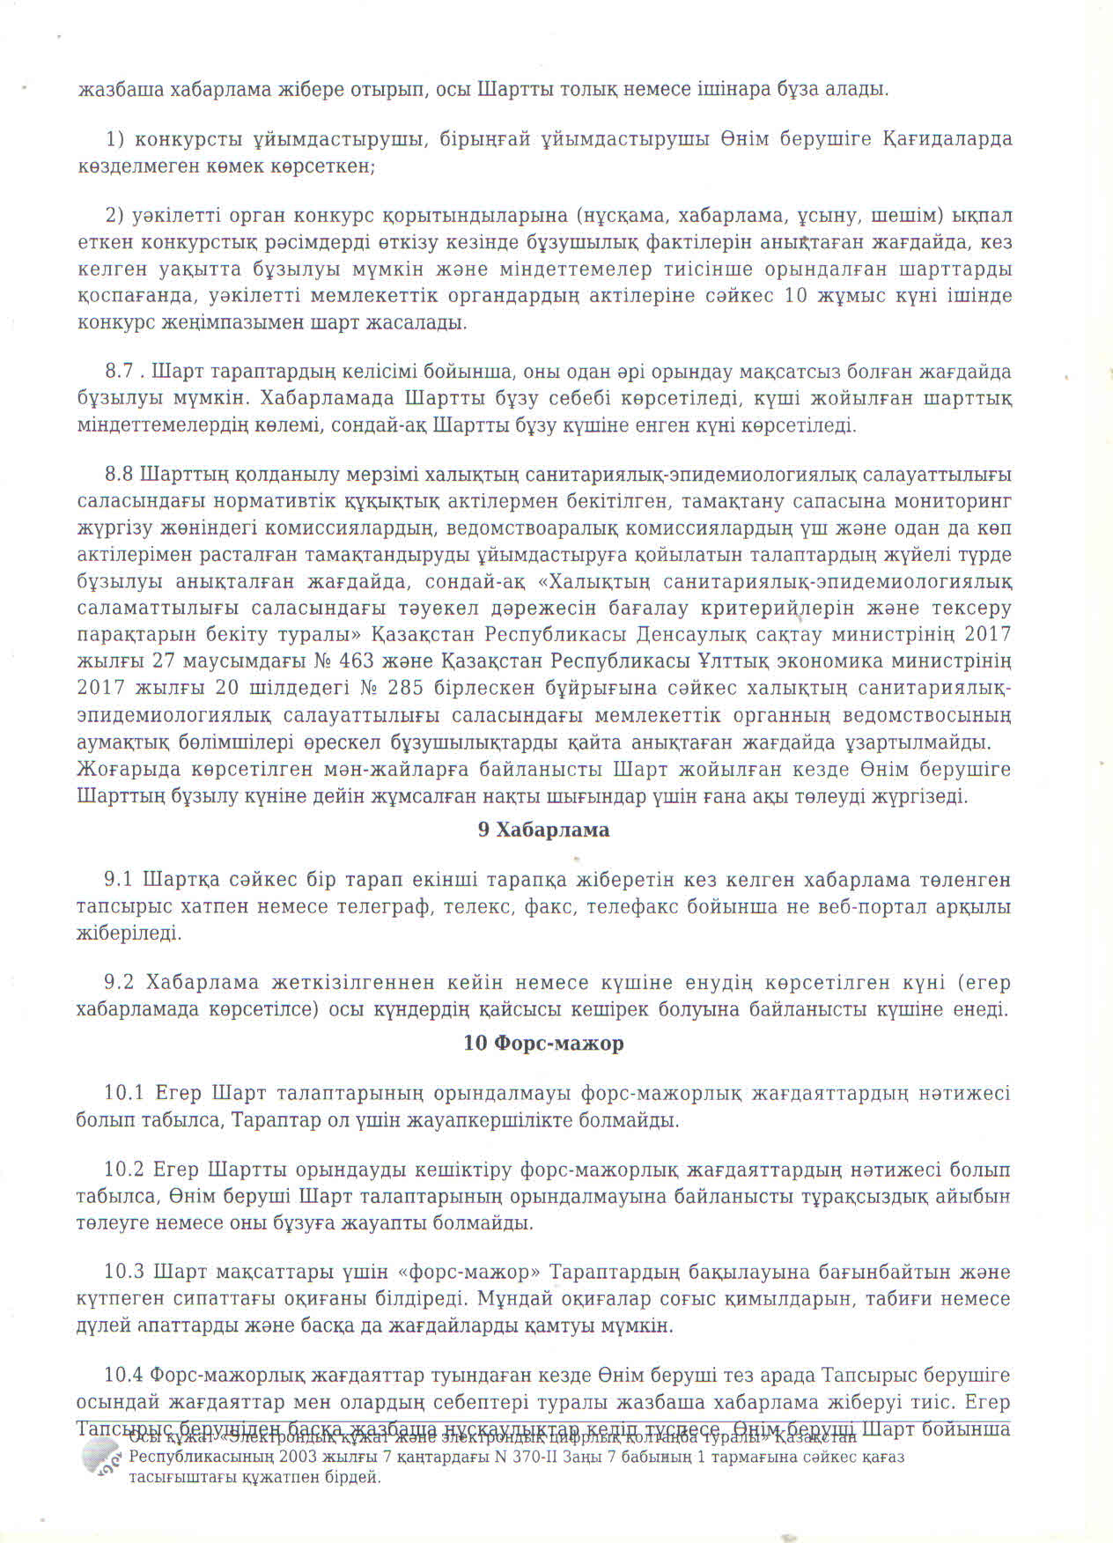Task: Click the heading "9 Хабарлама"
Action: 543,830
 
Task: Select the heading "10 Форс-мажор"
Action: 543,1044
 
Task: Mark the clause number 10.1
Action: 123,1094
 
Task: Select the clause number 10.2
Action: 123,1170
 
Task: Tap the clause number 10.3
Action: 123,1273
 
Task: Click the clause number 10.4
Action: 123,1376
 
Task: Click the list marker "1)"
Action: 116,139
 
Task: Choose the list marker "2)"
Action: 116,216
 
